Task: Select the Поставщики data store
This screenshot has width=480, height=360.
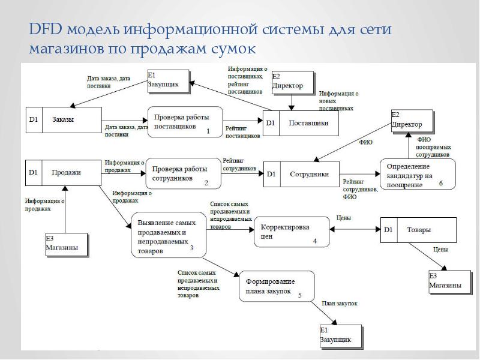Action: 300,123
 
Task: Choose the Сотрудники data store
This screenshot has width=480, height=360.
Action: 301,174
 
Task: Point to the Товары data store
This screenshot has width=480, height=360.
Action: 418,230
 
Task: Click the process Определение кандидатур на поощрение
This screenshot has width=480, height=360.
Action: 418,175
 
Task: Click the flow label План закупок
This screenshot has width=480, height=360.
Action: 339,304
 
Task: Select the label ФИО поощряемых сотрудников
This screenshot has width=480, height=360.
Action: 433,146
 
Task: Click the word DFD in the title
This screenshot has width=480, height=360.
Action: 44,30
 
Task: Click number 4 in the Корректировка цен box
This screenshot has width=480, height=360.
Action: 314,241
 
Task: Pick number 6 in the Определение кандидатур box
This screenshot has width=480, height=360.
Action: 440,184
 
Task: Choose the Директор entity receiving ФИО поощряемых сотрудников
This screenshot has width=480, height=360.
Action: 411,121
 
